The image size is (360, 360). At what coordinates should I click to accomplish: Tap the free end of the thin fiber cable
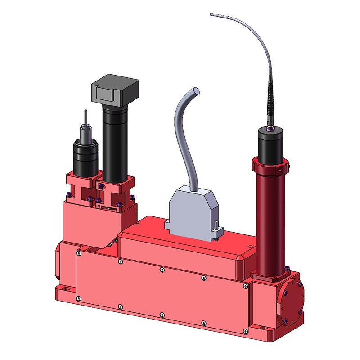[x=211, y=15]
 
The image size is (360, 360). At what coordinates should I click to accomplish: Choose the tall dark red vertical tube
[x=270, y=220]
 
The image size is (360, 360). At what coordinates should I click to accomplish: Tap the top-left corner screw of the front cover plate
[x=79, y=254]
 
